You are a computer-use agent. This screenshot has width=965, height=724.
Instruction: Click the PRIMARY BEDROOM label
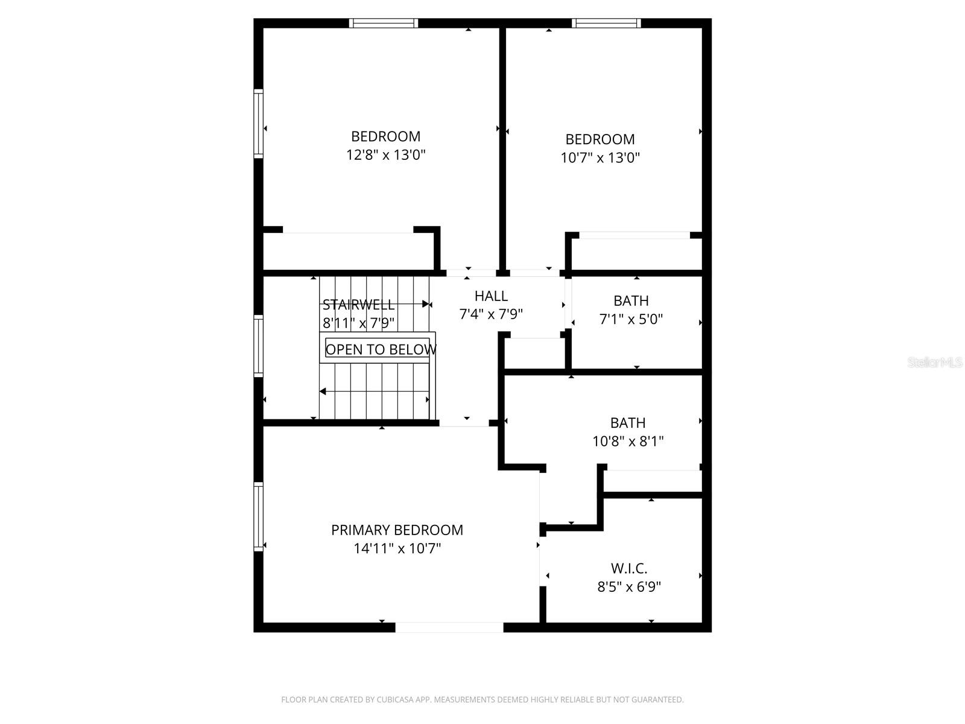point(397,530)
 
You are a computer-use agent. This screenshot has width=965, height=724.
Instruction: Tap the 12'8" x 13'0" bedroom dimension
point(386,155)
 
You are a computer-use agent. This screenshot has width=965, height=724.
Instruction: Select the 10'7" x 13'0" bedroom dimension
point(600,158)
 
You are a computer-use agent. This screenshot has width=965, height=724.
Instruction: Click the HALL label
point(491,296)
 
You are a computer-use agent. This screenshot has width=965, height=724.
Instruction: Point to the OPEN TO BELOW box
point(380,349)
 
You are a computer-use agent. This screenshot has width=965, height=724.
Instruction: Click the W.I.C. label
point(629,568)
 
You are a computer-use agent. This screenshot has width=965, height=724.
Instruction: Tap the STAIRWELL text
point(358,305)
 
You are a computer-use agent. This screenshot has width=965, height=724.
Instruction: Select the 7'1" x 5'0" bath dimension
point(631,319)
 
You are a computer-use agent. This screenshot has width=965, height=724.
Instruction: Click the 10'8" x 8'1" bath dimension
point(628,442)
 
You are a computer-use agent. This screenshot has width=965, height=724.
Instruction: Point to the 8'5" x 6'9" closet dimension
point(629,587)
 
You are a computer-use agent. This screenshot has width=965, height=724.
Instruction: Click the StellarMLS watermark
point(935,363)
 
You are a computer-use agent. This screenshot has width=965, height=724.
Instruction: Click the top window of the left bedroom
point(384,24)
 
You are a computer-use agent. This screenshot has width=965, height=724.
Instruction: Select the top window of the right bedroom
point(606,24)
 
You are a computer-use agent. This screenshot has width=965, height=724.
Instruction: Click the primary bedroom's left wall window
point(259,516)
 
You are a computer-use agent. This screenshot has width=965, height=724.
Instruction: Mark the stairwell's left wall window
point(259,346)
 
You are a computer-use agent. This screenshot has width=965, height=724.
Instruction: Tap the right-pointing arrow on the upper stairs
point(426,304)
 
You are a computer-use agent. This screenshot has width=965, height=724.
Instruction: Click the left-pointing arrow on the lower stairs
point(323,392)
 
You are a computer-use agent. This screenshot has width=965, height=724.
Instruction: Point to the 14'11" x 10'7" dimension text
point(397,548)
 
